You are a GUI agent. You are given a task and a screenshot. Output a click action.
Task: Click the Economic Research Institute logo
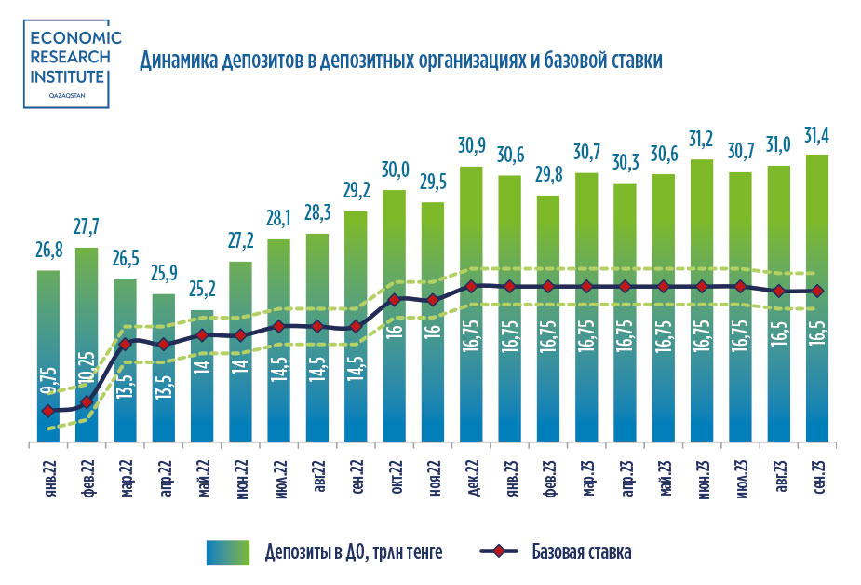click(x=74, y=63)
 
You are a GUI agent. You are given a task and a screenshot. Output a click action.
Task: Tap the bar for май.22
click(x=202, y=373)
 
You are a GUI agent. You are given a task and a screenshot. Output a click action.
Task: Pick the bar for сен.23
click(x=817, y=298)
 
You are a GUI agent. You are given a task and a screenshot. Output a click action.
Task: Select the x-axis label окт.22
click(x=395, y=478)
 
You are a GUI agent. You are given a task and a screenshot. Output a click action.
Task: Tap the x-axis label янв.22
click(x=48, y=478)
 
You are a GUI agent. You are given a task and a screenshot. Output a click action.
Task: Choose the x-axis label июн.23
click(x=702, y=478)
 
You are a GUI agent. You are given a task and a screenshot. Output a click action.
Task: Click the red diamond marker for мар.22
click(x=125, y=345)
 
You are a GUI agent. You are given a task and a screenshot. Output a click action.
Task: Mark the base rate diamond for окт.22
click(x=395, y=299)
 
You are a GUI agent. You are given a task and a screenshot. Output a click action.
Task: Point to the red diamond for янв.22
click(x=48, y=411)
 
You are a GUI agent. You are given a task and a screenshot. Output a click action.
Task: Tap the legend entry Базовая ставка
click(x=582, y=552)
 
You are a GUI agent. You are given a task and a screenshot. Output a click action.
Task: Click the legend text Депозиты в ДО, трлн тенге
click(x=352, y=552)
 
